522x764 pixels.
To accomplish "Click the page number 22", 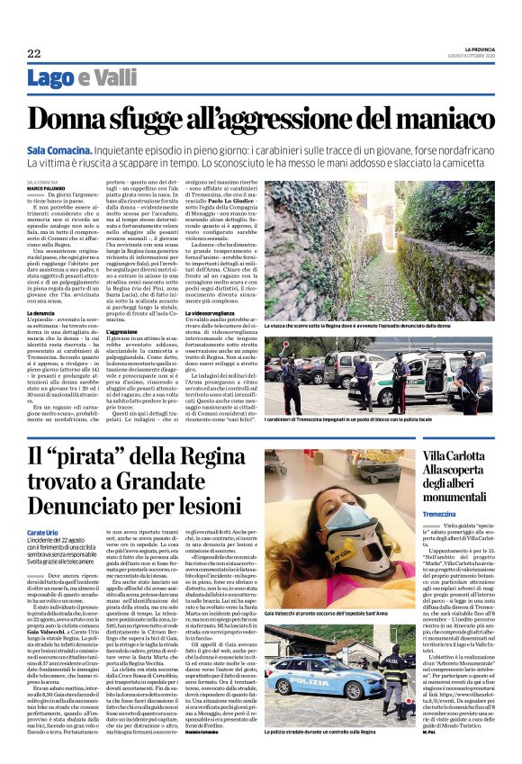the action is (x=34, y=54).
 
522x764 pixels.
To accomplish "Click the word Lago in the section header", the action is (x=52, y=78).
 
